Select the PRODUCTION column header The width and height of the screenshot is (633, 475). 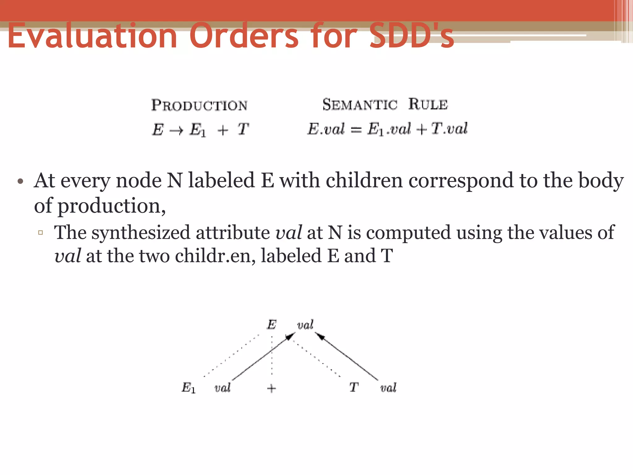[x=199, y=105]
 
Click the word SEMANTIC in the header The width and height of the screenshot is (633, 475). [x=360, y=104]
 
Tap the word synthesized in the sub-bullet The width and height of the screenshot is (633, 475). [x=141, y=233]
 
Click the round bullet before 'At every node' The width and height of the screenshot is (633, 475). [x=20, y=181]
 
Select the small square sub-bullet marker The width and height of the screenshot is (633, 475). [x=40, y=233]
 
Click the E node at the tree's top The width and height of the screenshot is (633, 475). [x=271, y=325]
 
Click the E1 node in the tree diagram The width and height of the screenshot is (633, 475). [x=188, y=387]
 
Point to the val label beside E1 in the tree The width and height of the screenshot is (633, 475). [x=223, y=387]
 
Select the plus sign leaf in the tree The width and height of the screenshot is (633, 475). [x=271, y=388]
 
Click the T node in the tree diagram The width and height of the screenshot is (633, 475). [x=354, y=387]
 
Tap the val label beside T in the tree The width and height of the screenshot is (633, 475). [x=388, y=387]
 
